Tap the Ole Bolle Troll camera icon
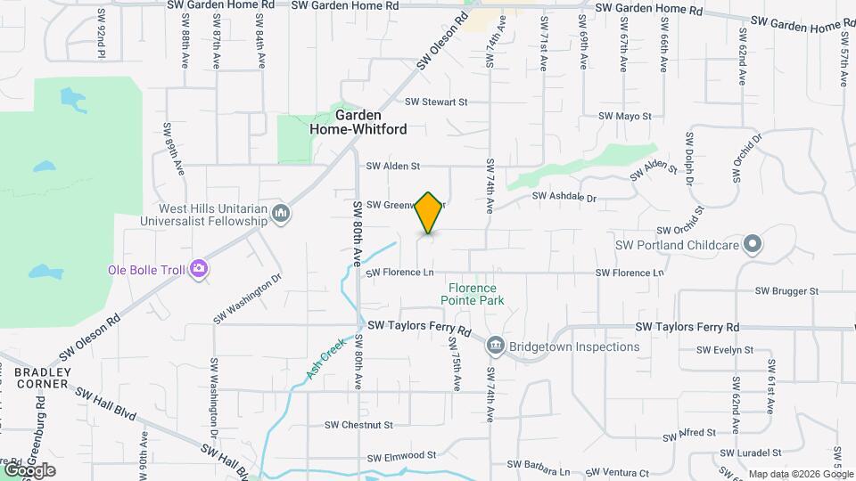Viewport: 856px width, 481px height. click(x=198, y=268)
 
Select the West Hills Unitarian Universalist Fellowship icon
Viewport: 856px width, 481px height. click(x=281, y=213)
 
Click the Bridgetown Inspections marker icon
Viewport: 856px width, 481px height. click(x=496, y=346)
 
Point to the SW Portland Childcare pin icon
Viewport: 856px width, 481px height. click(x=752, y=244)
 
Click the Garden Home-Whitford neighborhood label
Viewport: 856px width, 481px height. click(x=358, y=123)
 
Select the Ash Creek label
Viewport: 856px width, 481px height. click(x=325, y=358)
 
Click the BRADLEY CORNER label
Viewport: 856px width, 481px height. click(x=34, y=377)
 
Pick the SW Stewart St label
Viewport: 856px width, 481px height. click(x=436, y=102)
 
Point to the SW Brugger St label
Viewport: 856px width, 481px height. click(x=786, y=290)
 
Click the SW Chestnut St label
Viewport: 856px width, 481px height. click(x=358, y=425)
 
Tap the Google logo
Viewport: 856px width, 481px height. click(x=29, y=470)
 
